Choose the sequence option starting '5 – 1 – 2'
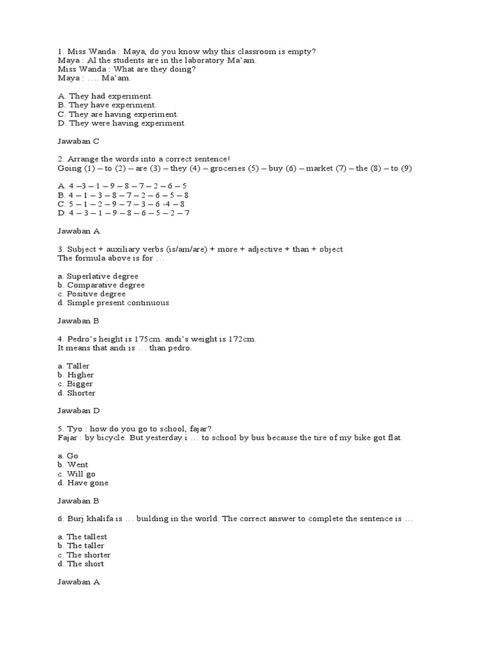coord(122,204)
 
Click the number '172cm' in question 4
coord(241,339)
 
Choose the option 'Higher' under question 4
coord(80,375)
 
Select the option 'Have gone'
coord(87,483)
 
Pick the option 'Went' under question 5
coord(77,465)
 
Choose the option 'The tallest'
coord(87,537)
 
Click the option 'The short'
coord(85,564)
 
